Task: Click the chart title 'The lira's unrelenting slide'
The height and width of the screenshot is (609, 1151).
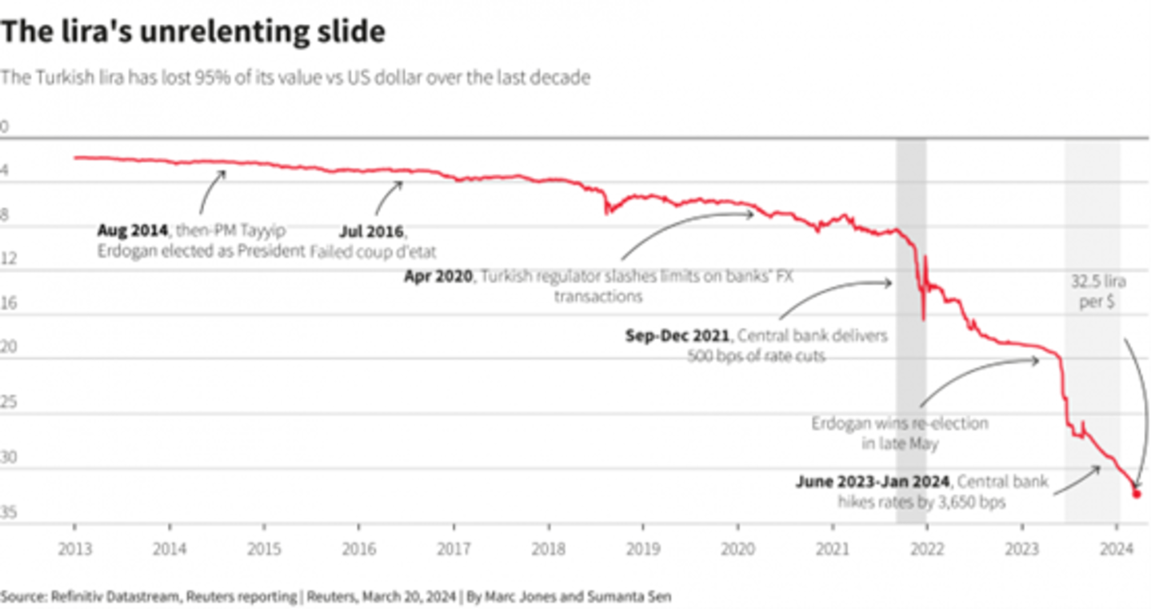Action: point(193,32)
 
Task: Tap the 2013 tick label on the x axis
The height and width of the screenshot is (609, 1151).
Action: point(74,550)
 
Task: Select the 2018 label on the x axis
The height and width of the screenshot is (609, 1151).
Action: point(548,550)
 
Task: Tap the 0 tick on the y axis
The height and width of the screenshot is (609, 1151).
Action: point(4,126)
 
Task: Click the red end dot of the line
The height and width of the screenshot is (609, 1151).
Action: point(1136,494)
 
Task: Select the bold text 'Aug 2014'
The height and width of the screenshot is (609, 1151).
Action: point(132,230)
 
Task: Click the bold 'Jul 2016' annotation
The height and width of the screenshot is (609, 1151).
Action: point(371,231)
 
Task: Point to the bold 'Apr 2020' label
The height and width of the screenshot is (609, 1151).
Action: point(439,277)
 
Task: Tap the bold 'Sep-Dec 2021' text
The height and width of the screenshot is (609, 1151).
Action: point(677,336)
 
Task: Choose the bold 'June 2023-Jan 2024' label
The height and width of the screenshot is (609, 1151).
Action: point(873,482)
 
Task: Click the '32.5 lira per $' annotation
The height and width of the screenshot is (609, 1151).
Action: point(1094,292)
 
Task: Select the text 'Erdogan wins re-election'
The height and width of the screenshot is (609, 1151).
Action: point(900,423)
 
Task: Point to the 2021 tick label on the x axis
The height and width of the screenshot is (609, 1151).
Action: point(832,550)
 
